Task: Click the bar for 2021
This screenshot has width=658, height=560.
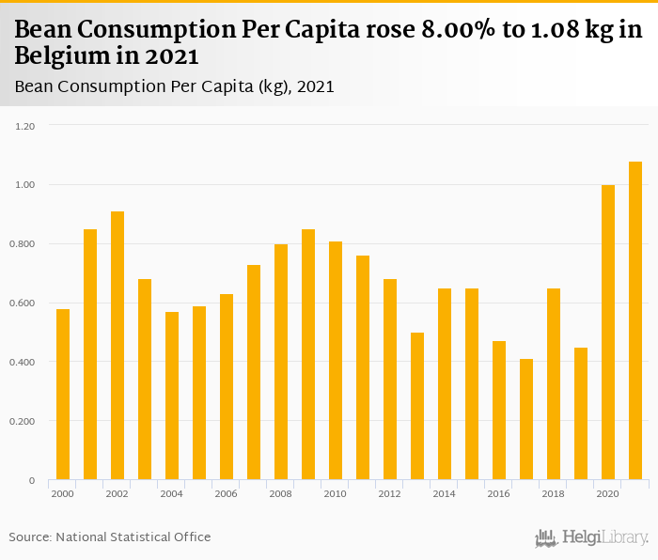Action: (x=635, y=321)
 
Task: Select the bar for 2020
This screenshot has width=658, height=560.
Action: (x=608, y=333)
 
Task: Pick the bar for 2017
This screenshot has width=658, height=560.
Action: (x=526, y=420)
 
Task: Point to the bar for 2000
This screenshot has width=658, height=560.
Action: (x=63, y=395)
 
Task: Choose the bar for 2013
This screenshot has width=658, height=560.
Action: (x=417, y=407)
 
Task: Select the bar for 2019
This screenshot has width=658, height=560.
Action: (x=581, y=414)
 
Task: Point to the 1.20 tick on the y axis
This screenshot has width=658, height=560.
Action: (x=25, y=126)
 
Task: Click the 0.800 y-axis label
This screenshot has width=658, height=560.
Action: (x=23, y=244)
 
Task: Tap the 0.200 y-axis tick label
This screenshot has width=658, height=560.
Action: (x=23, y=422)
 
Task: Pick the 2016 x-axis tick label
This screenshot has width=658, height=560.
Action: (x=499, y=493)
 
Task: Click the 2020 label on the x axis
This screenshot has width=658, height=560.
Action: (x=608, y=493)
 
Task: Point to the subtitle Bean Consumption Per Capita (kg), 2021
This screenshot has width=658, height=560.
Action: (x=175, y=86)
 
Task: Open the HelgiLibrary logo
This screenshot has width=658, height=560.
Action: (x=592, y=537)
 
